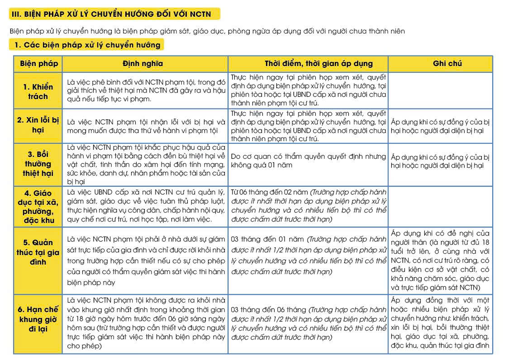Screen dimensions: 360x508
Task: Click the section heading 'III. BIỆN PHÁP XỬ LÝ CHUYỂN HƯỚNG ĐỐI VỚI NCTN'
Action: [x=110, y=14]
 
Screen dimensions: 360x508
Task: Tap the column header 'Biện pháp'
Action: [x=38, y=63]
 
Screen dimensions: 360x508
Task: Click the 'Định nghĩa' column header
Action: [x=145, y=63]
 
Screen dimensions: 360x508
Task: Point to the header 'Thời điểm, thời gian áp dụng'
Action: [x=308, y=63]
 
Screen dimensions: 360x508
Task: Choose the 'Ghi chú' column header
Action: [x=440, y=63]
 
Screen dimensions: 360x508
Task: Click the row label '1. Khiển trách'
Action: [x=38, y=91]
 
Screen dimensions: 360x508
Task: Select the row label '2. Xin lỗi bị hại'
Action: [x=38, y=125]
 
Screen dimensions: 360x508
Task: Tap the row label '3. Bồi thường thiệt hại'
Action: [x=38, y=164]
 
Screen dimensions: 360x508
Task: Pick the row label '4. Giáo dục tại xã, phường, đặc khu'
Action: [x=38, y=207]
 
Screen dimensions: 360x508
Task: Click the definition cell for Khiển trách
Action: [x=145, y=91]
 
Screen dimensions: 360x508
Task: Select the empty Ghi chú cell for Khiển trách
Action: [x=440, y=91]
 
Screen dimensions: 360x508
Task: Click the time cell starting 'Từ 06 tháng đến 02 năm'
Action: [x=308, y=206]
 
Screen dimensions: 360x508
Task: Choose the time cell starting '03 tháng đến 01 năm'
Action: [x=308, y=256]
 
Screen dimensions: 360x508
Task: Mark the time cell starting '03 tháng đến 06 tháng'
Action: [x=308, y=323]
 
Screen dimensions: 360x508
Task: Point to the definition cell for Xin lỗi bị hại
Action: [x=145, y=127]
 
